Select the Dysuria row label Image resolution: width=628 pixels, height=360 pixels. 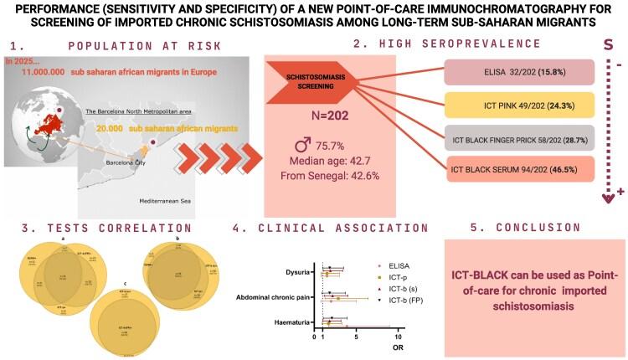click(x=295, y=271)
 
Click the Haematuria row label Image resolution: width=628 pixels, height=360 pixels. click(x=288, y=321)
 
